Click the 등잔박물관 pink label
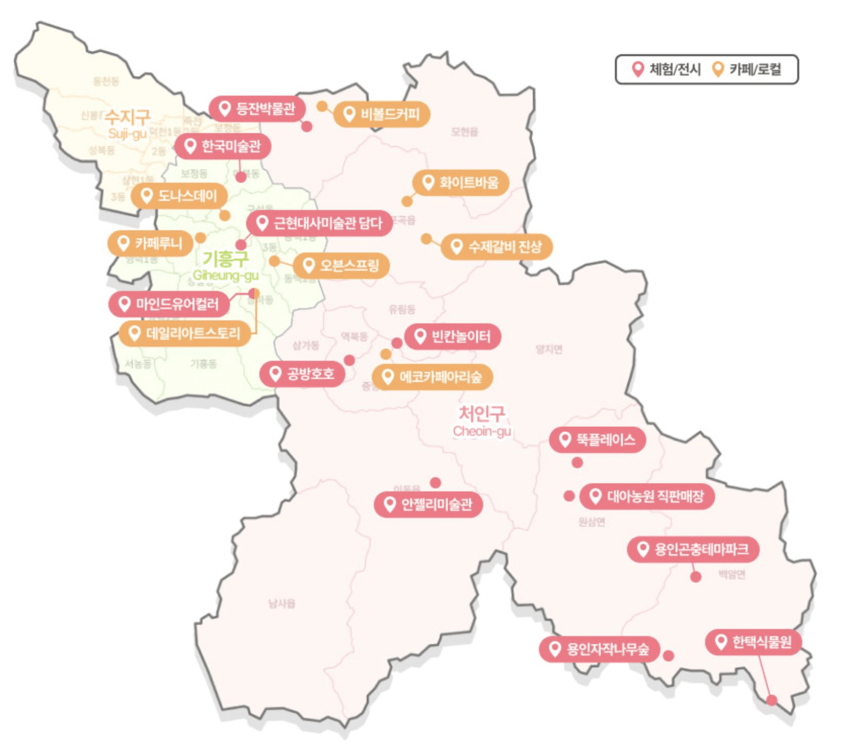[x=257, y=108]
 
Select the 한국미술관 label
[x=223, y=146]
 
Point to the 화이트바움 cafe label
[x=460, y=182]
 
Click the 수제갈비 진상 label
[x=496, y=247]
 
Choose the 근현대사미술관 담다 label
[x=319, y=223]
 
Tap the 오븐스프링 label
[x=341, y=266]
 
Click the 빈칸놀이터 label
[x=452, y=337]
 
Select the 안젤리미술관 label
[x=428, y=505]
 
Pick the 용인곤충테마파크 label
[x=693, y=550]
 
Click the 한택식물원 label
[x=753, y=643]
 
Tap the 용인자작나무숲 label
[x=599, y=649]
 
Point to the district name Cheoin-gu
[x=482, y=431]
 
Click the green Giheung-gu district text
[x=225, y=275]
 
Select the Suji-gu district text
[x=127, y=134]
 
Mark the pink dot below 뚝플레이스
[x=577, y=463]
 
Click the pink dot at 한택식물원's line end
[x=771, y=700]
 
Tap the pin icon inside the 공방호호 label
[x=275, y=373]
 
